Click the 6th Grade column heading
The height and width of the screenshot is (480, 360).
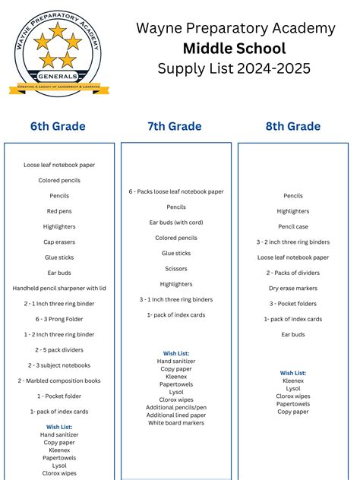pos(58,126)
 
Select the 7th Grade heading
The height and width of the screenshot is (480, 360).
pos(175,126)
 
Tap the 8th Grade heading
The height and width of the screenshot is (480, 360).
pos(293,126)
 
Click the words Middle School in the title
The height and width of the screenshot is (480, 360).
pos(235,49)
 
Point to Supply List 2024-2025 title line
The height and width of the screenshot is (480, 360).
pos(235,69)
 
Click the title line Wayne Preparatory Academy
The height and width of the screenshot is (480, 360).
pos(235,28)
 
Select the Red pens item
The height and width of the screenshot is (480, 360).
pos(59,211)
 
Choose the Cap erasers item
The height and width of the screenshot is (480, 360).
pos(59,242)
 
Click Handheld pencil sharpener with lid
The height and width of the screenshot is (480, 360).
pos(59,288)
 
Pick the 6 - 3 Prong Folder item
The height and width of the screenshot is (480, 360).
pos(59,319)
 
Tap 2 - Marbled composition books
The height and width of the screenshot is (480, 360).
pos(59,381)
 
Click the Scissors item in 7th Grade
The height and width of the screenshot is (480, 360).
pos(176,268)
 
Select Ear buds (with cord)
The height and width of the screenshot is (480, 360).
pos(176,223)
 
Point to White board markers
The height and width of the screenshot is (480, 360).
pos(176,422)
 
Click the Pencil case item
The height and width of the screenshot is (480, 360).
pos(293,226)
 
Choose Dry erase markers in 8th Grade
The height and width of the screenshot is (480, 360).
pos(293,288)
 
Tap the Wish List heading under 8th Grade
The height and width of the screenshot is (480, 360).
pos(293,373)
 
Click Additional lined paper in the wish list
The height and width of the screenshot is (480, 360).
pos(176,415)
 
